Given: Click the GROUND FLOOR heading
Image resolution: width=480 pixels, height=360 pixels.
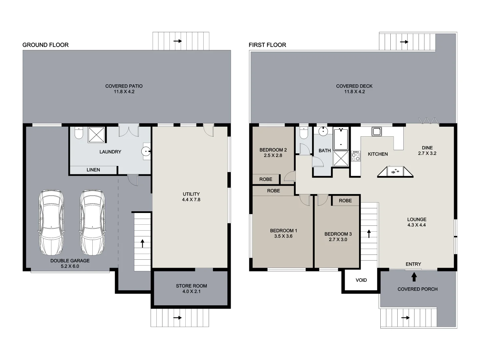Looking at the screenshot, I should pos(45,45).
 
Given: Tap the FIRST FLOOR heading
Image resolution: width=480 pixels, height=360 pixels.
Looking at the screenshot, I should pos(267,45).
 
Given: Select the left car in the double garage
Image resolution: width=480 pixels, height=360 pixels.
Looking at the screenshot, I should pos(51,222).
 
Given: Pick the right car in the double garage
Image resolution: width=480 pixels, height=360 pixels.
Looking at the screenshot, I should pos(92,222).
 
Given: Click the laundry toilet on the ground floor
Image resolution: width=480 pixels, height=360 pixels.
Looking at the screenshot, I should pos(79,133).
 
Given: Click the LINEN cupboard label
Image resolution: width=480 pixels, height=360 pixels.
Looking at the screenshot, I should pos(93,170).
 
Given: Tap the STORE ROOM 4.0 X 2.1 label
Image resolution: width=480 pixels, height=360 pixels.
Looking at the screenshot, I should pos(191,289).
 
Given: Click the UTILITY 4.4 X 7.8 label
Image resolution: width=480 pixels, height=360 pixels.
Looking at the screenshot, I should pos(191,197).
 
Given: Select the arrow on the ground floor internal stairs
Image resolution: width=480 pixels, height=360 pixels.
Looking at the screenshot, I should pos(143,243).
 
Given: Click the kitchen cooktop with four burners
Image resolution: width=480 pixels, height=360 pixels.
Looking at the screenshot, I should pos(356,156).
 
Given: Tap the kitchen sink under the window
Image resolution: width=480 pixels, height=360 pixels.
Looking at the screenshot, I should pos(376,131).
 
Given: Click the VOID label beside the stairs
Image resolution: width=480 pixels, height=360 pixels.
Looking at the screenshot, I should pos(361,280).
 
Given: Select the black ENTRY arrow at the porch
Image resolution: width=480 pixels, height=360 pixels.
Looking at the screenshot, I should pos(414,277).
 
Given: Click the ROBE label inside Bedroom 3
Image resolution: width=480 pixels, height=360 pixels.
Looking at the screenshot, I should pos(345,201).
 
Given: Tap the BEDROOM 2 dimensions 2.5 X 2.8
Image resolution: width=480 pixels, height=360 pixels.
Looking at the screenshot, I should pos(273,155).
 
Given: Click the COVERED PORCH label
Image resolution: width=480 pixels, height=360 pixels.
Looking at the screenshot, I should pos(417,289).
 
